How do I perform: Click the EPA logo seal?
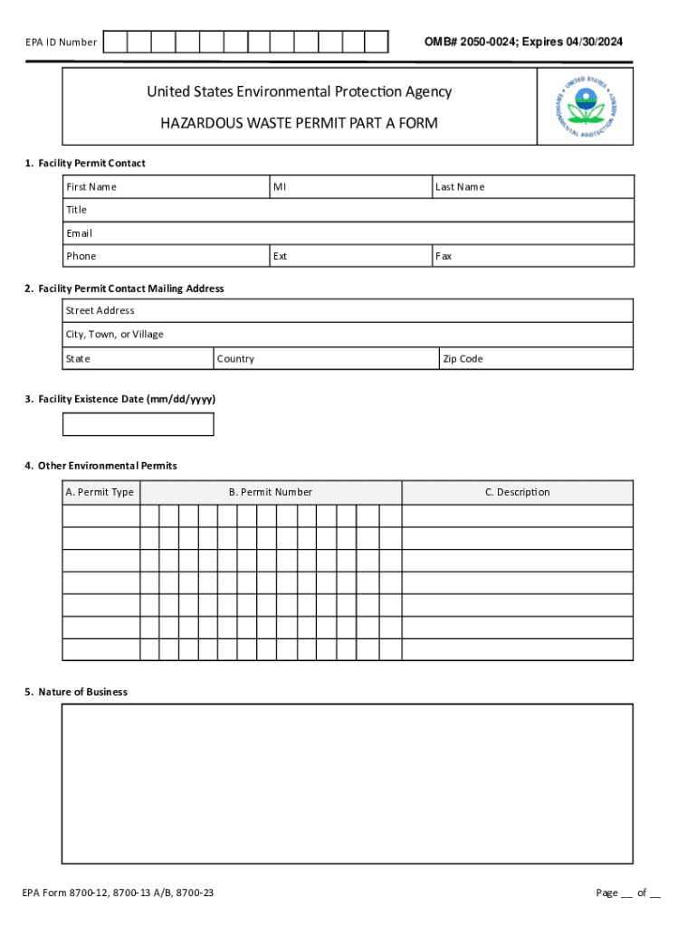[x=586, y=107]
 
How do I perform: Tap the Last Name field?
[x=533, y=187]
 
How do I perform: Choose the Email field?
[x=348, y=233]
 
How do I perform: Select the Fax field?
[x=533, y=256]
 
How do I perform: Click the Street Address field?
[x=348, y=311]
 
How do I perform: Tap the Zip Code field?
[x=536, y=359]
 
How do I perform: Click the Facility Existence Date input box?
[x=138, y=424]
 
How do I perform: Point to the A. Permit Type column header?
[x=100, y=492]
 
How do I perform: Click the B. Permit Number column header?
[x=271, y=492]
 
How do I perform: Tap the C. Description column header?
[x=517, y=492]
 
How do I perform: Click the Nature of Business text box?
[x=348, y=783]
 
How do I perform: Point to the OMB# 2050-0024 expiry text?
[x=523, y=43]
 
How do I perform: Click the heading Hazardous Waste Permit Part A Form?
[x=299, y=123]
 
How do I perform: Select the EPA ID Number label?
[x=60, y=43]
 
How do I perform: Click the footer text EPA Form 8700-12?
[x=119, y=893]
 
